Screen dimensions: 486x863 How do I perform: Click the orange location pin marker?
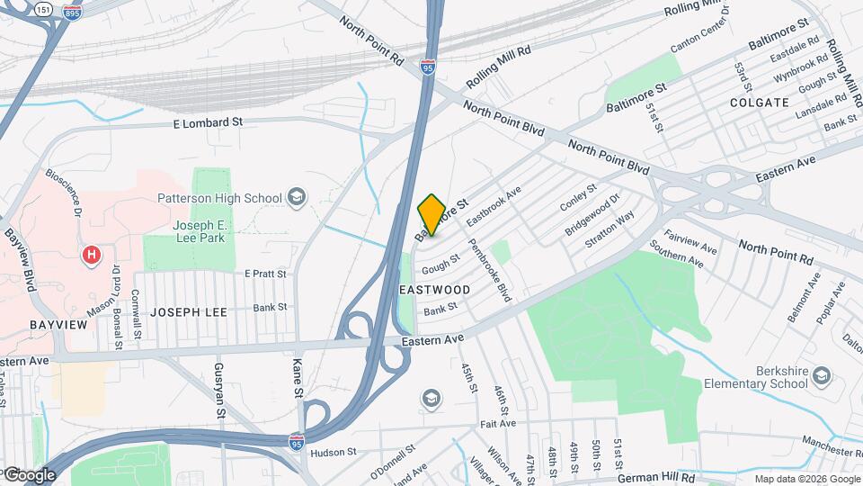point(431,214)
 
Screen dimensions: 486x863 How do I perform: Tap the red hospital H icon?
point(91,256)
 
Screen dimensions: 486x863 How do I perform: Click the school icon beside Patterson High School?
point(296,197)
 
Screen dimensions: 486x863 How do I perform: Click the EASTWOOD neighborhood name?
point(434,290)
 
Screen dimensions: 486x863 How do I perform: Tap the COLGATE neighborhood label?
point(759,103)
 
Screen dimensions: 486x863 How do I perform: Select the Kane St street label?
point(296,380)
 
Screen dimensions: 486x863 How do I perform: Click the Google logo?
point(29,475)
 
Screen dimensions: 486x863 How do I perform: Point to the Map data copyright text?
point(806,479)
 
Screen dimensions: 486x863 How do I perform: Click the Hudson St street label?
point(334,452)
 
